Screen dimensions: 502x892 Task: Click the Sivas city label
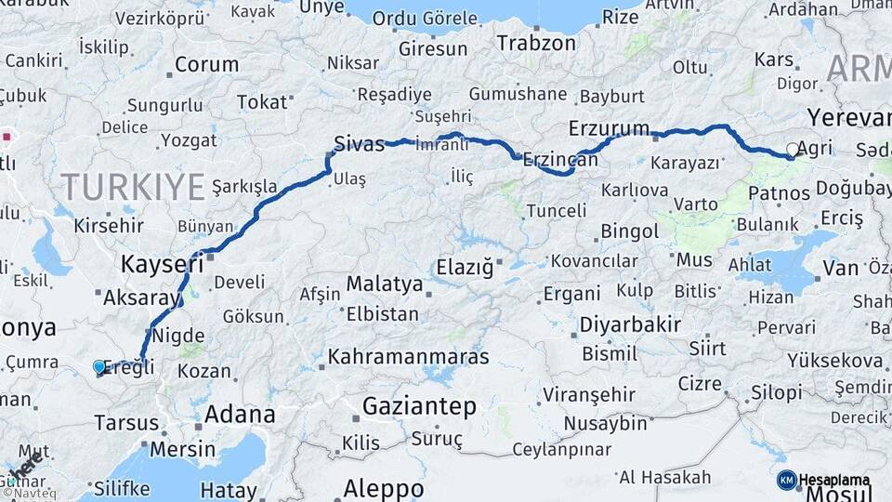tap(359, 144)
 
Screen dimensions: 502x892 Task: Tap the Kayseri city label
tap(162, 265)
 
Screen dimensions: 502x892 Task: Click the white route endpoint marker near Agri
tap(793, 149)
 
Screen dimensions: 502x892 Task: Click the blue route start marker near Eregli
tap(99, 367)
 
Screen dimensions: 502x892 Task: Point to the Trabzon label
tap(536, 43)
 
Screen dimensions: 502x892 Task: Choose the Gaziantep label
tap(419, 406)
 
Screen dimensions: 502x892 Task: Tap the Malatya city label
tap(384, 283)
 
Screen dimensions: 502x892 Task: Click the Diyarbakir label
tap(631, 324)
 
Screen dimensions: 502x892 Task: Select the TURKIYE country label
tap(133, 187)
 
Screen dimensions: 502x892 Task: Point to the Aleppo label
tap(384, 488)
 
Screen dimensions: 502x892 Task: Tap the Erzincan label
tap(560, 160)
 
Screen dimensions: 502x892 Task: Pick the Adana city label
tap(240, 414)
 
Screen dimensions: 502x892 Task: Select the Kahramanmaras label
tap(408, 357)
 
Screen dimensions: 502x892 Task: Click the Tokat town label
tap(261, 102)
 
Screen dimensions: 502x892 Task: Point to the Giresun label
tap(432, 48)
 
